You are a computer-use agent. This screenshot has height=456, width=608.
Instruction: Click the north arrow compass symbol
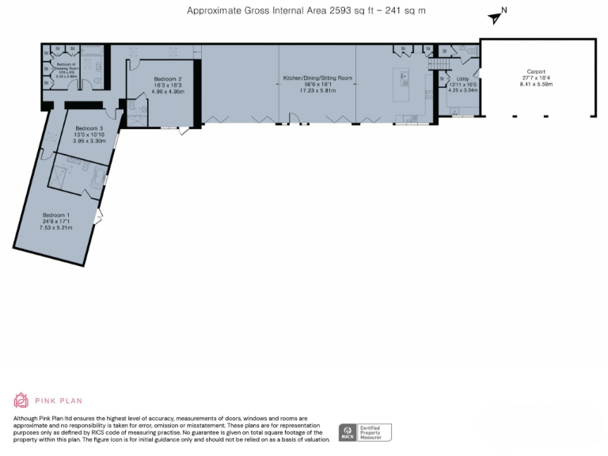(496, 17)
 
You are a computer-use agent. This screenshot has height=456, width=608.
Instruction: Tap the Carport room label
(534, 71)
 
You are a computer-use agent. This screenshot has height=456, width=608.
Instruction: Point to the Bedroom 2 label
(168, 79)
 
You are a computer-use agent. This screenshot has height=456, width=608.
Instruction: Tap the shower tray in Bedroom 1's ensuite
(62, 176)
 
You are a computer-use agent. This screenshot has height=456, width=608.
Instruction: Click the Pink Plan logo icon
(21, 401)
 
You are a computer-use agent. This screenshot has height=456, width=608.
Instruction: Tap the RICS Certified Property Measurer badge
(365, 432)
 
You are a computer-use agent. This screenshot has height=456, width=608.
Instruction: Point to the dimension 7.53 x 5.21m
(56, 227)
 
